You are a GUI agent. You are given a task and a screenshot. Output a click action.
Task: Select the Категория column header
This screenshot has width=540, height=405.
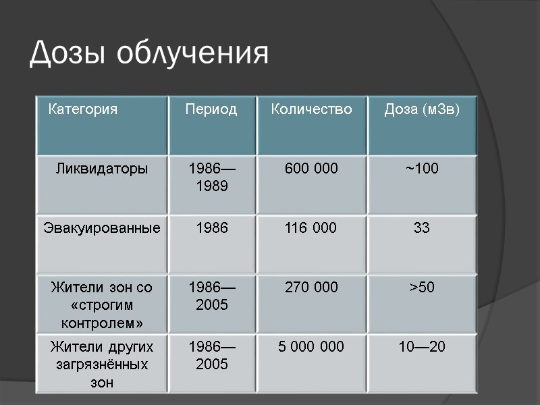tap(82, 109)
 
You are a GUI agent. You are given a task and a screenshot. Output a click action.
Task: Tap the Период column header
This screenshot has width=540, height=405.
tap(211, 109)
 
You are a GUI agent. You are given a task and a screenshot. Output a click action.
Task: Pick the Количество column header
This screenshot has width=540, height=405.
tap(311, 109)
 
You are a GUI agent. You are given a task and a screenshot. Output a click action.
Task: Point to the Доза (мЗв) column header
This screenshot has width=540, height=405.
tap(422, 109)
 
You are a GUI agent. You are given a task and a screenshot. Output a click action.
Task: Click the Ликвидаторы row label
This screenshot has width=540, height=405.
tap(101, 168)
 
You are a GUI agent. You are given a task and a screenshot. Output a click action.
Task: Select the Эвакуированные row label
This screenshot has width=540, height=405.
tap(102, 228)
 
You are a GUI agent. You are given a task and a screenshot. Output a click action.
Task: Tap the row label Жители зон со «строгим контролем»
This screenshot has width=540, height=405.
tap(102, 305)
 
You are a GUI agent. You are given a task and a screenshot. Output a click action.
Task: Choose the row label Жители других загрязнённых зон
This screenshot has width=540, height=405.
tap(102, 364)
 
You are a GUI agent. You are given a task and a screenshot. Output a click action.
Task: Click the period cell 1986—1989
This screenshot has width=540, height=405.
tap(212, 177)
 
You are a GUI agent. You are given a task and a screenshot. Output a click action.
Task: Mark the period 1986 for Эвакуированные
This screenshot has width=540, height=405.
tap(212, 228)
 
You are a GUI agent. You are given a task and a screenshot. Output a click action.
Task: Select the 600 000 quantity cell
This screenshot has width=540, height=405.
tap(311, 168)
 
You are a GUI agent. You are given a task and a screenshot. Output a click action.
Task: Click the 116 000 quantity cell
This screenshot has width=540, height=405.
tap(311, 228)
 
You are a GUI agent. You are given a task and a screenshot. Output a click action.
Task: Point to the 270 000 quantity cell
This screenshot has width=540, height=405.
tap(311, 288)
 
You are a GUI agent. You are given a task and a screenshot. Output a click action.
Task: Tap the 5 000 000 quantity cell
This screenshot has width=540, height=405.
tap(311, 347)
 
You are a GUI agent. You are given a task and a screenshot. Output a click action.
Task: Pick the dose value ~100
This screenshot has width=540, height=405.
tap(422, 168)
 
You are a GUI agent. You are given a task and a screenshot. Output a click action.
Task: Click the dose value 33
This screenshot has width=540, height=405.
tap(422, 228)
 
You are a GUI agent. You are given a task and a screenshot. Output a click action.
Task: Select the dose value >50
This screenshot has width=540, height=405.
tap(422, 288)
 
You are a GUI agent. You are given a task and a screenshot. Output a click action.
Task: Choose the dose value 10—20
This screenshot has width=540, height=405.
tap(422, 347)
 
